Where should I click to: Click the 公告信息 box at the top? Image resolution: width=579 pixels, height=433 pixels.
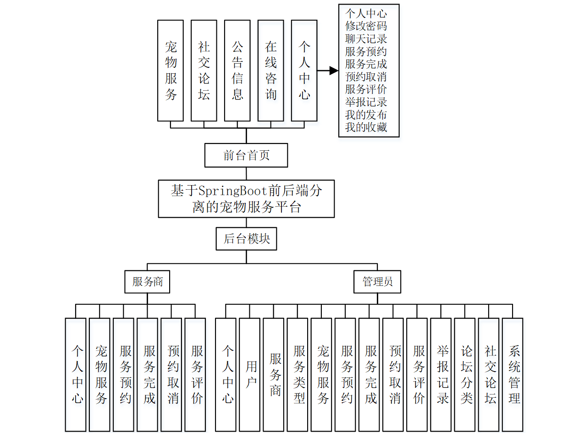pos(237,70)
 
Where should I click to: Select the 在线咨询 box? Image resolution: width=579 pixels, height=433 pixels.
pos(270,70)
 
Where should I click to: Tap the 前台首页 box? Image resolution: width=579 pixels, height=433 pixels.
pos(246,155)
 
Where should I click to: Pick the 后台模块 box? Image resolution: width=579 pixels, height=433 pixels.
pos(246,239)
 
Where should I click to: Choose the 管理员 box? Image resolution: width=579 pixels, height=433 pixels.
pos(377,281)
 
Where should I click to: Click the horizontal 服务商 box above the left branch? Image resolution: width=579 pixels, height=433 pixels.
pos(147,281)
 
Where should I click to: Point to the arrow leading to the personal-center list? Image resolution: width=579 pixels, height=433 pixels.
pos(327,71)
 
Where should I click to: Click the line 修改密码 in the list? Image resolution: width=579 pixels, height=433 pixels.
pos(366,26)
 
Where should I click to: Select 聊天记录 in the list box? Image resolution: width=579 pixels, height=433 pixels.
pos(366,38)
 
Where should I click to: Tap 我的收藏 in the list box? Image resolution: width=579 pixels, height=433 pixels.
pos(366,127)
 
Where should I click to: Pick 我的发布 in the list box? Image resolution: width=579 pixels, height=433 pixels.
pos(366,115)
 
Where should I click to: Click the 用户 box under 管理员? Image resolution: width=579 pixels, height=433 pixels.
pos(250,374)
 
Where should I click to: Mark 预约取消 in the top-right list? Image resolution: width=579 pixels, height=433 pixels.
pos(366,77)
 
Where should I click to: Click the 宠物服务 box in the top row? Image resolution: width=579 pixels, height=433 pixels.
pos(171,70)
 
